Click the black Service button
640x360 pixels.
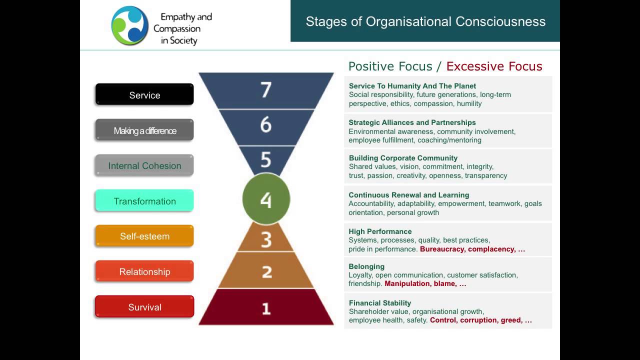(x=144, y=94)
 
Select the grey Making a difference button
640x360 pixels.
(x=144, y=130)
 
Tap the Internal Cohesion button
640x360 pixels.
(x=144, y=165)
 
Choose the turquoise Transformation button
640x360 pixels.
(x=144, y=201)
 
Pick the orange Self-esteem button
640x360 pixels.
(x=144, y=236)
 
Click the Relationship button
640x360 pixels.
(x=144, y=271)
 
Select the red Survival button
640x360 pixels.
(x=144, y=307)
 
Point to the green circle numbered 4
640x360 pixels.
(x=266, y=199)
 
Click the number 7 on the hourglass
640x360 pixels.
(x=266, y=90)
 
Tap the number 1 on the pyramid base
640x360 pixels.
(x=266, y=308)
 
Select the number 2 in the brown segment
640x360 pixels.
(x=266, y=271)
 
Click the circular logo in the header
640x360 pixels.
(x=129, y=25)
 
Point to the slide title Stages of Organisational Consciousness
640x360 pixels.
(x=425, y=21)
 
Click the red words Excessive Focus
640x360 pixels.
(x=494, y=66)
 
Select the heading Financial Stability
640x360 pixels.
(x=380, y=303)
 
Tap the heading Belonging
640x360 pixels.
(x=366, y=266)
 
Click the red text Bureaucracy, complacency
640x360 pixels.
(x=467, y=249)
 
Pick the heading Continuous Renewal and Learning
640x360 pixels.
(x=408, y=195)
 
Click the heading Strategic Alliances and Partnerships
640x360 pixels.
(x=412, y=122)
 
